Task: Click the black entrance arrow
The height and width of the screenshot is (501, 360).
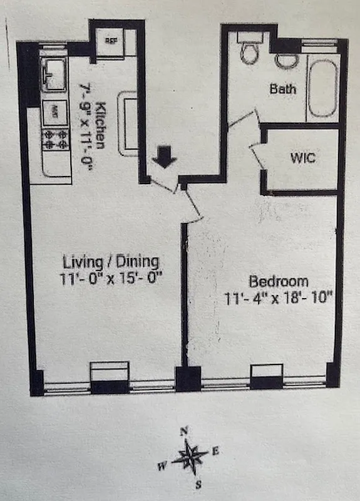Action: (x=164, y=157)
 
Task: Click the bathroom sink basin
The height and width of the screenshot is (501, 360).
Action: (x=286, y=61)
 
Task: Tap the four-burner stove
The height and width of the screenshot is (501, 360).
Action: (x=55, y=138)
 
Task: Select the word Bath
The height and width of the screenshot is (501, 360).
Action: (x=283, y=89)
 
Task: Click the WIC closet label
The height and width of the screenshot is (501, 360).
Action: (x=303, y=158)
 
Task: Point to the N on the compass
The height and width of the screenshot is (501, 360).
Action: (x=184, y=430)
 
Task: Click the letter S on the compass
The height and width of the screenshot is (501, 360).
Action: (x=198, y=483)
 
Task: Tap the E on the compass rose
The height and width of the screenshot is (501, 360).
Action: (x=215, y=451)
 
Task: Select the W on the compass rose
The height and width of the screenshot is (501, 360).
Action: (x=162, y=465)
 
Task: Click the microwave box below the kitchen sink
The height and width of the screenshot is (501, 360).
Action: (x=55, y=113)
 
